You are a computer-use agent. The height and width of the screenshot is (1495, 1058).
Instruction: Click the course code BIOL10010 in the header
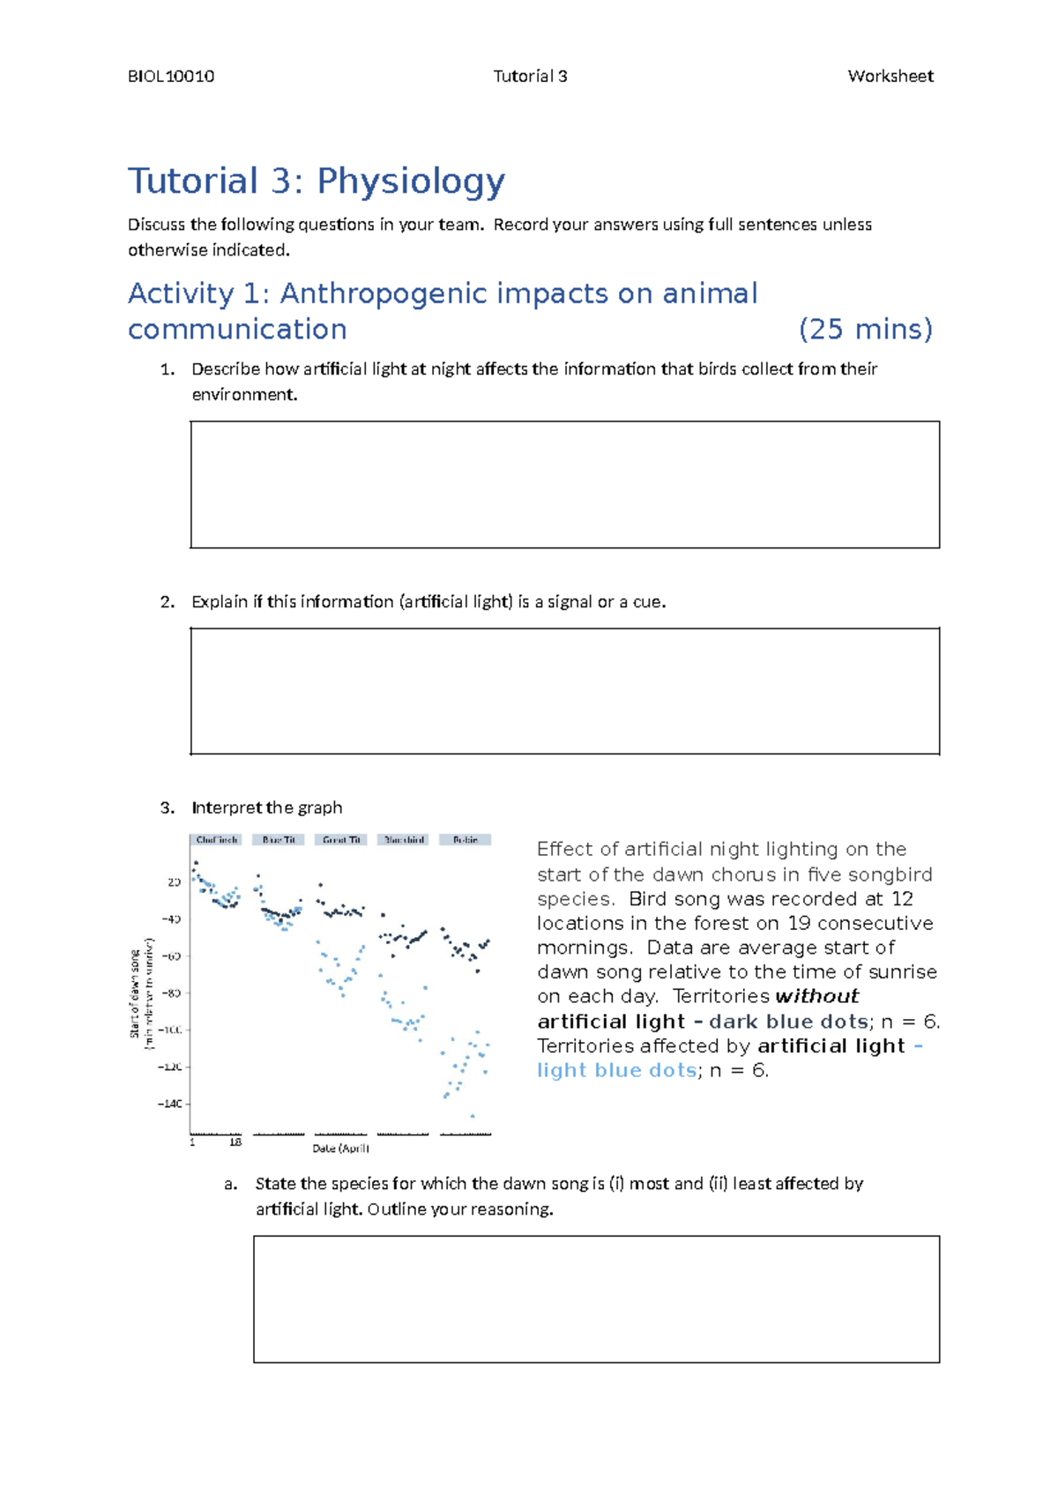click(171, 77)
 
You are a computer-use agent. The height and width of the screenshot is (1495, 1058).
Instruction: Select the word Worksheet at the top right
click(890, 77)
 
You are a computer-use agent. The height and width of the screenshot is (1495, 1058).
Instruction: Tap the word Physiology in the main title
click(411, 181)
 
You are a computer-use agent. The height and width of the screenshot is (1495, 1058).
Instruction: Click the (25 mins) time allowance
click(865, 330)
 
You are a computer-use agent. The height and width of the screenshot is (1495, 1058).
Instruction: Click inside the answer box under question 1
click(564, 485)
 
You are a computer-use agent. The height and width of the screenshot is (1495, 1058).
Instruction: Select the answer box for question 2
click(564, 691)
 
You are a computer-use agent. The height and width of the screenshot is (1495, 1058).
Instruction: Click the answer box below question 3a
click(596, 1299)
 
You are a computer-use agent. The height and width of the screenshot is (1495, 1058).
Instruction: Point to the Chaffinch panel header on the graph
click(216, 840)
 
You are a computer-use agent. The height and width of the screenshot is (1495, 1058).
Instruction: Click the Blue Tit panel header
click(279, 840)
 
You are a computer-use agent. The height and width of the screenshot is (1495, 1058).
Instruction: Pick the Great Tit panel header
click(340, 840)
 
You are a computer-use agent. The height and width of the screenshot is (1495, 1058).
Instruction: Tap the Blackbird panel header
click(403, 840)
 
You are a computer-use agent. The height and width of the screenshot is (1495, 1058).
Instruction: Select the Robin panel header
click(466, 840)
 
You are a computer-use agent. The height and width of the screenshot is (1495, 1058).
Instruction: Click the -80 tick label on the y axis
click(171, 993)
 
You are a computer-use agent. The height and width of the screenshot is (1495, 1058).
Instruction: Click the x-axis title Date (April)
click(340, 1149)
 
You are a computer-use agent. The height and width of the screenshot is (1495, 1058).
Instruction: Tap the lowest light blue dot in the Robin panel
click(473, 1116)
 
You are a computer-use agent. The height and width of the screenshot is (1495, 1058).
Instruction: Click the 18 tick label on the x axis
click(235, 1142)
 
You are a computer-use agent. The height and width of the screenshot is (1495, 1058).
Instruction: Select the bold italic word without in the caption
click(816, 997)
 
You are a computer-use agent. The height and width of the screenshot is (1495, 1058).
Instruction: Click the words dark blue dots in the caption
click(788, 1022)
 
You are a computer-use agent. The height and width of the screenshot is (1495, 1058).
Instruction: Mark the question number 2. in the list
click(168, 602)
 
